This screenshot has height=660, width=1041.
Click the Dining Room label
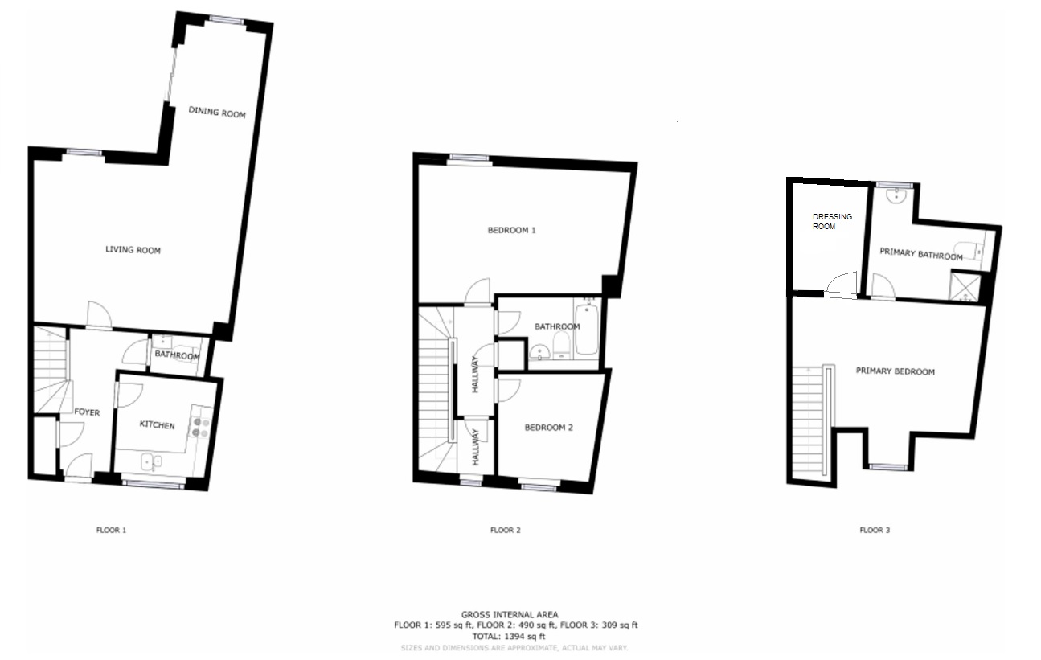click(x=217, y=113)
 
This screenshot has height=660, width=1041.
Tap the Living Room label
click(x=133, y=249)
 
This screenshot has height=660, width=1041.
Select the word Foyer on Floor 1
click(x=87, y=412)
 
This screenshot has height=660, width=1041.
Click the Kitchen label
click(x=158, y=425)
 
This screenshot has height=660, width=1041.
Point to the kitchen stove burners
click(x=201, y=428)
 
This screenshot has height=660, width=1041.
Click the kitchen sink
click(x=151, y=462)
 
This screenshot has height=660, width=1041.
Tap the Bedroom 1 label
click(x=512, y=230)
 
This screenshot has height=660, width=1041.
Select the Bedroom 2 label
click(x=548, y=428)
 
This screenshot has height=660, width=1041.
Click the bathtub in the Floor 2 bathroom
click(x=587, y=330)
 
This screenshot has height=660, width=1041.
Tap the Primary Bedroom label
click(x=895, y=371)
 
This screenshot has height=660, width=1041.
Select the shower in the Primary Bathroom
click(x=965, y=288)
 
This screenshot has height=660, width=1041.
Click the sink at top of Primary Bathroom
click(x=895, y=196)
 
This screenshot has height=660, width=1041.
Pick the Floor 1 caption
click(x=111, y=530)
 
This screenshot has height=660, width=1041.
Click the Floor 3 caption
click(x=875, y=530)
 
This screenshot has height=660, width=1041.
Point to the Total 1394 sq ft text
click(x=509, y=637)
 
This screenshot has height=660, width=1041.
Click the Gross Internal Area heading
click(x=510, y=614)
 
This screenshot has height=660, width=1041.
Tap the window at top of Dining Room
click(x=227, y=19)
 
